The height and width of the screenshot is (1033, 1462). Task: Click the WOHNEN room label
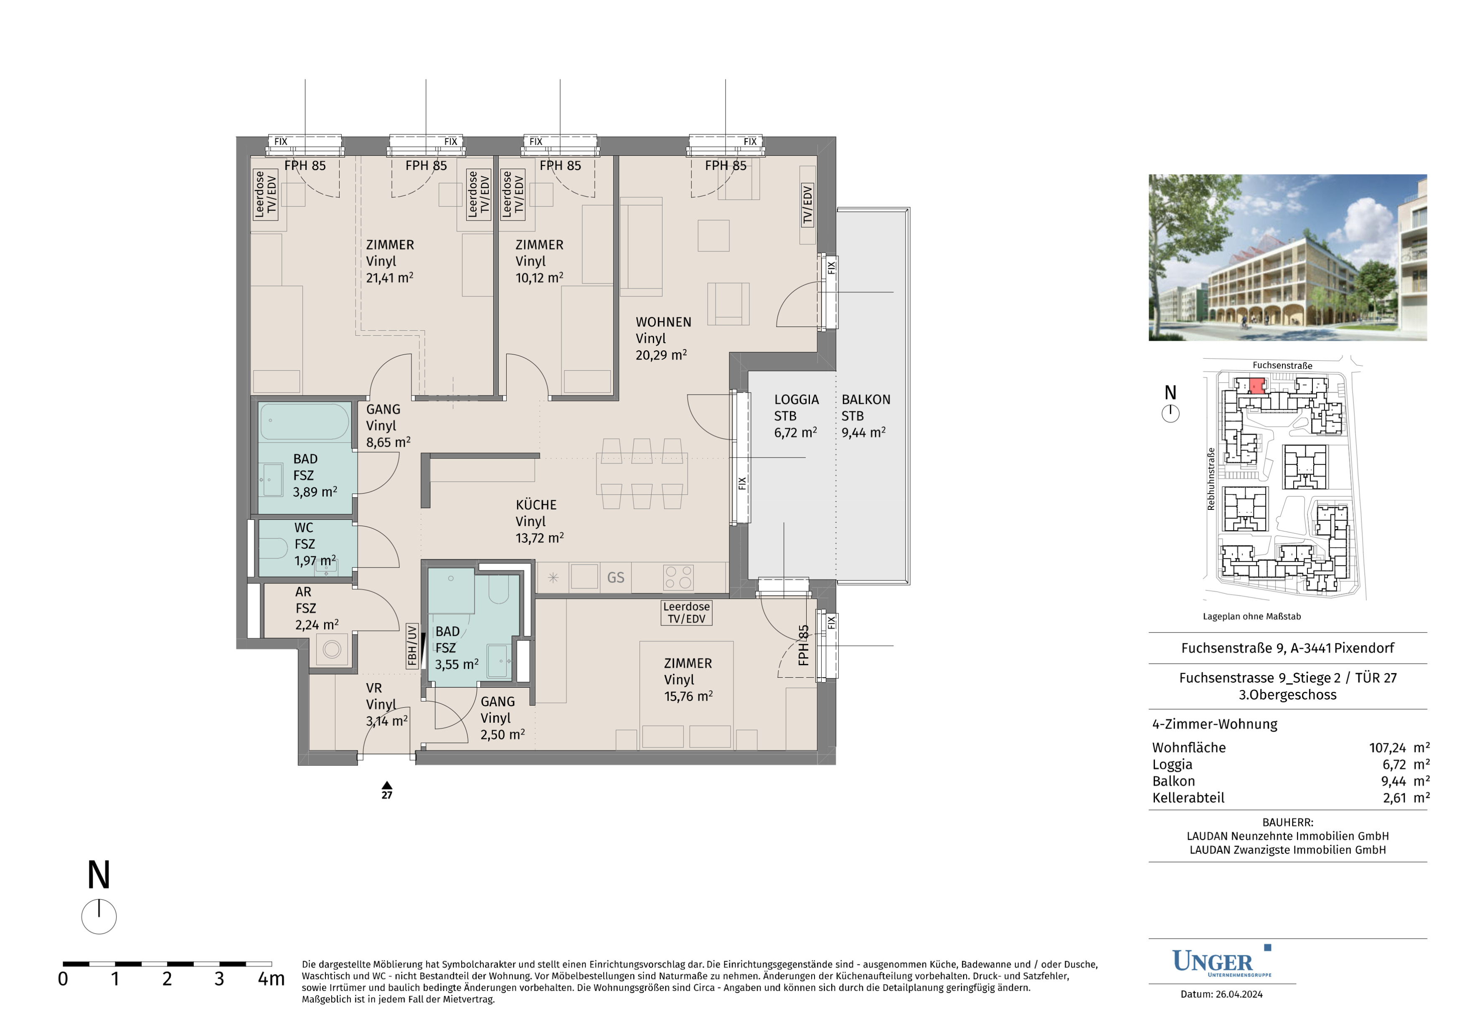pos(663,322)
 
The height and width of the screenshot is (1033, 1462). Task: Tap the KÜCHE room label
pos(536,505)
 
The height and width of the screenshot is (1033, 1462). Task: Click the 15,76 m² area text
pos(688,696)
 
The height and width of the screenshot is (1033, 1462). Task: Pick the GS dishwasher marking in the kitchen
pos(616,577)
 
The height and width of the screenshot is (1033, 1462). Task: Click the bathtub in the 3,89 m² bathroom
pos(305,421)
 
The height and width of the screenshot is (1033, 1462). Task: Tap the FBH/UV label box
pos(412,646)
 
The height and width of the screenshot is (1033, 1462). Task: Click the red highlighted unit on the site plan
pos(1256,386)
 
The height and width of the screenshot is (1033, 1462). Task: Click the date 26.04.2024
pos(1239,994)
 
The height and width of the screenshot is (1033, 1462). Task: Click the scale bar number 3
pos(219,979)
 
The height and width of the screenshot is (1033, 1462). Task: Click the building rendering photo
pos(1287,258)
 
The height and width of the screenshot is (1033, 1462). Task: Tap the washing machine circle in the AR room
pos(332,650)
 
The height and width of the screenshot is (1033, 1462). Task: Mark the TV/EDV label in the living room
pos(807,205)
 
